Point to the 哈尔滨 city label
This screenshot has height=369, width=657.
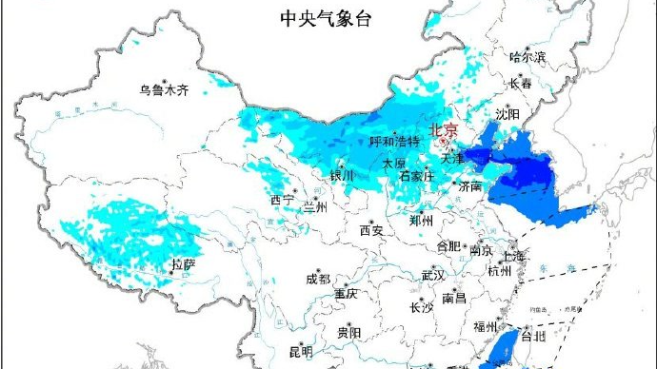tap(528, 58)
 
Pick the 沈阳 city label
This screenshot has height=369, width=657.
tap(508, 114)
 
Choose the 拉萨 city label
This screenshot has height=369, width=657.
tap(183, 262)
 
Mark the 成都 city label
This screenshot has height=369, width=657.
tap(318, 280)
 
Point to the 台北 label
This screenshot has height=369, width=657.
tap(534, 336)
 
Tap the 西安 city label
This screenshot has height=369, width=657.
tap(370, 230)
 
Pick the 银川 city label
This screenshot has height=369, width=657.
tap(341, 176)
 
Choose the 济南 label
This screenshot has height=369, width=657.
tap(471, 186)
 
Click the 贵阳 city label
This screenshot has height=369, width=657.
tap(348, 332)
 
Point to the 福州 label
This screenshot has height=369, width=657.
tap(486, 327)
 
